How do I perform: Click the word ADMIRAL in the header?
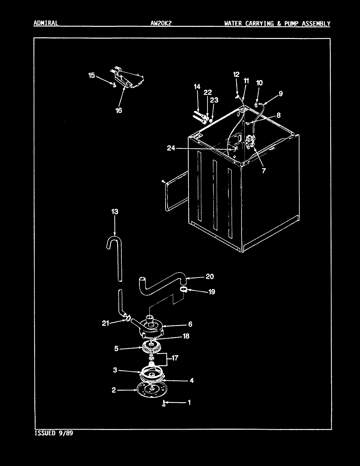[x=46, y=23]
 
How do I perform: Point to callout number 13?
[x=115, y=212]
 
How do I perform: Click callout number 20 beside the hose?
[x=209, y=277]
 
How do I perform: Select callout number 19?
[x=211, y=292]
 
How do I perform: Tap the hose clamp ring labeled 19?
[x=184, y=289]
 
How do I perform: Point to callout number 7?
[x=264, y=170]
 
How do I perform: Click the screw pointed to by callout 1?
[x=163, y=404]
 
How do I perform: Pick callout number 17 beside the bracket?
[x=175, y=358]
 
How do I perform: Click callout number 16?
[x=118, y=110]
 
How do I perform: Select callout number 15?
[x=91, y=76]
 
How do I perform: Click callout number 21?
[x=105, y=324]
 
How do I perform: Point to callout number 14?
[x=197, y=87]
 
